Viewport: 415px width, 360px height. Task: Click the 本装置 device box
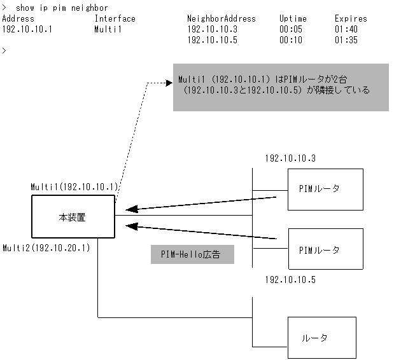(x=73, y=217)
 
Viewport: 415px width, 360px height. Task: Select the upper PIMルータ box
(x=325, y=189)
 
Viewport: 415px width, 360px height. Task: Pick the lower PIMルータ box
(x=325, y=249)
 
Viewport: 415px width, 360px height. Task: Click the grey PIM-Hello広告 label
(x=192, y=254)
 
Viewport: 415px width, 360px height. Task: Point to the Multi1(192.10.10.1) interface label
(x=74, y=187)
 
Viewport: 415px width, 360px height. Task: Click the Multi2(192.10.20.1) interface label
(x=46, y=247)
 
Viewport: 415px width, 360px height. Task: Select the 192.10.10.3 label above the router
(x=290, y=158)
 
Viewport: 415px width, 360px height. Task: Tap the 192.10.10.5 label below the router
(x=290, y=279)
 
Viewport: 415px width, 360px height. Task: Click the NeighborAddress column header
(x=221, y=18)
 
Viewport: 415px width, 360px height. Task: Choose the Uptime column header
(x=293, y=18)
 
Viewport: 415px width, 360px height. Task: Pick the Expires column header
(x=351, y=18)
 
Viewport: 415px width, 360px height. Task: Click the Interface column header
(x=115, y=18)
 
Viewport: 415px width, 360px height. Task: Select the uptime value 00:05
(x=290, y=29)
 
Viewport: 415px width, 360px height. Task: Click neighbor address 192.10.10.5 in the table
(x=213, y=40)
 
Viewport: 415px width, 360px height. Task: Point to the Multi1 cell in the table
(x=106, y=29)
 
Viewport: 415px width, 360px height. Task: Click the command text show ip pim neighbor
(x=60, y=8)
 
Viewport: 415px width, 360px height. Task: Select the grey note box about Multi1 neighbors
(x=281, y=87)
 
